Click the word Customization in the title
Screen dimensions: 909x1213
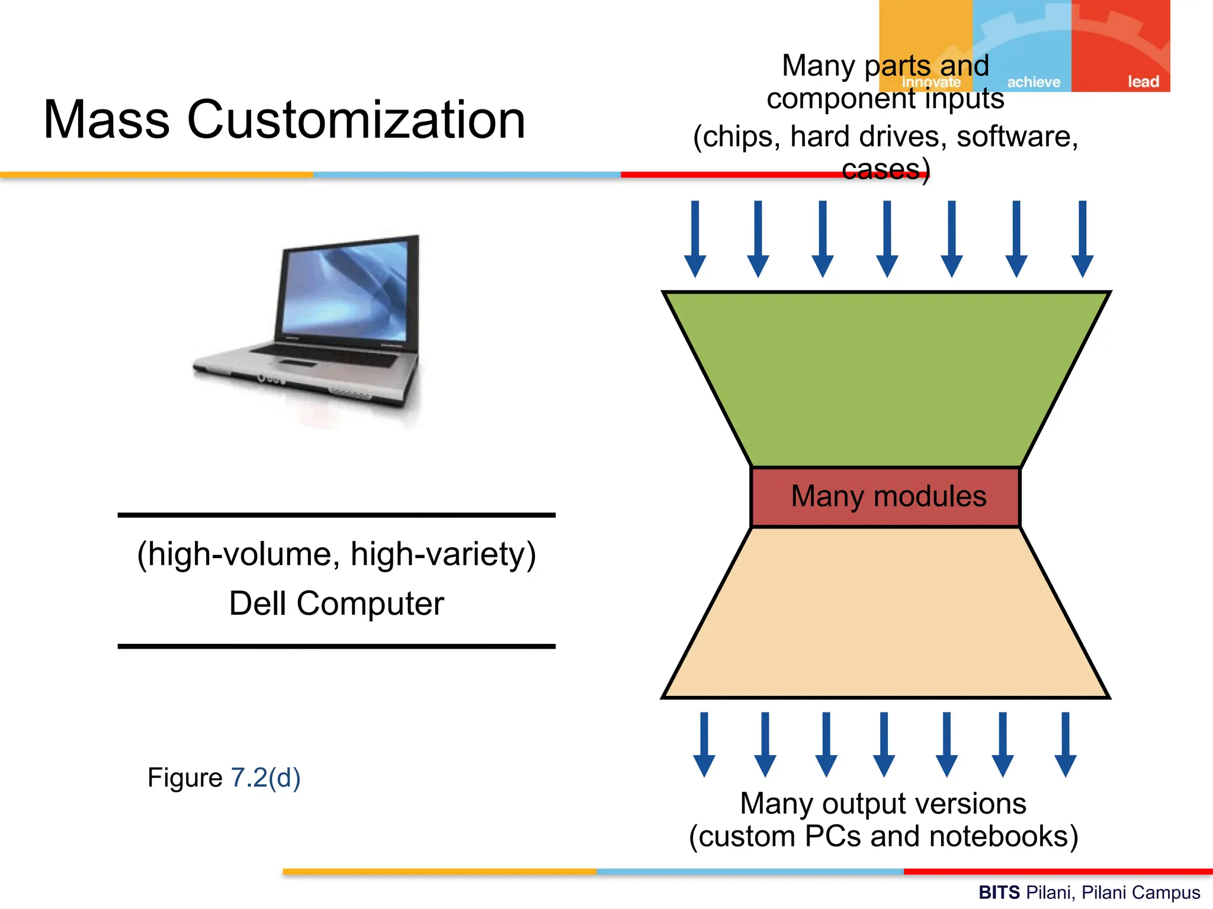pyautogui.click(x=356, y=120)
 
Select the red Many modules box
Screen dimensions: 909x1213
pyautogui.click(x=885, y=497)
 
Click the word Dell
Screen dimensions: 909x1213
pyautogui.click(x=258, y=604)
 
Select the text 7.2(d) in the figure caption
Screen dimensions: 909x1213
pyautogui.click(x=265, y=778)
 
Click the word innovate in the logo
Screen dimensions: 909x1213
pyautogui.click(x=931, y=82)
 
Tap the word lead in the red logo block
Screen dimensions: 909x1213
pyautogui.click(x=1143, y=82)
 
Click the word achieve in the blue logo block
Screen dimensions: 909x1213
pyautogui.click(x=1034, y=82)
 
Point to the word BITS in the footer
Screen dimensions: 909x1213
pyautogui.click(x=999, y=892)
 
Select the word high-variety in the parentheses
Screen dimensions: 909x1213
pyautogui.click(x=443, y=555)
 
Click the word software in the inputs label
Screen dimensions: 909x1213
pyautogui.click(x=1017, y=137)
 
